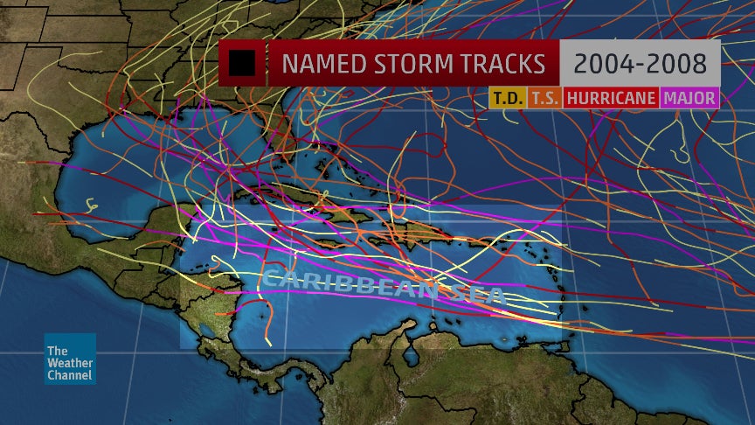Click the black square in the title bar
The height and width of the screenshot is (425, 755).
(241, 64)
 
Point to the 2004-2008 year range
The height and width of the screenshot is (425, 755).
(640, 64)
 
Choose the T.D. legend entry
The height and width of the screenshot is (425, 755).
(506, 98)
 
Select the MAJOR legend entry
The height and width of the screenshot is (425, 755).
(689, 98)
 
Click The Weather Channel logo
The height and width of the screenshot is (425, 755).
(70, 359)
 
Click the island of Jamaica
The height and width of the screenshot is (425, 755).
(328, 244)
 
